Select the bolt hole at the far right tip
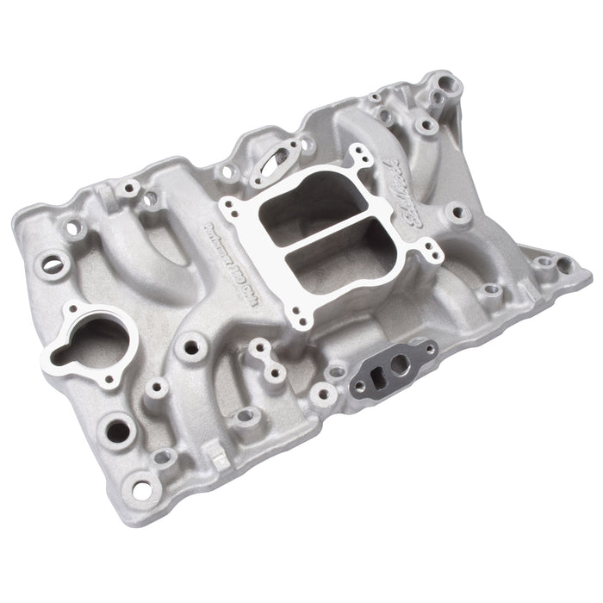(x=563, y=266)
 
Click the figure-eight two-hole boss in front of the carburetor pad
(x=265, y=360)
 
